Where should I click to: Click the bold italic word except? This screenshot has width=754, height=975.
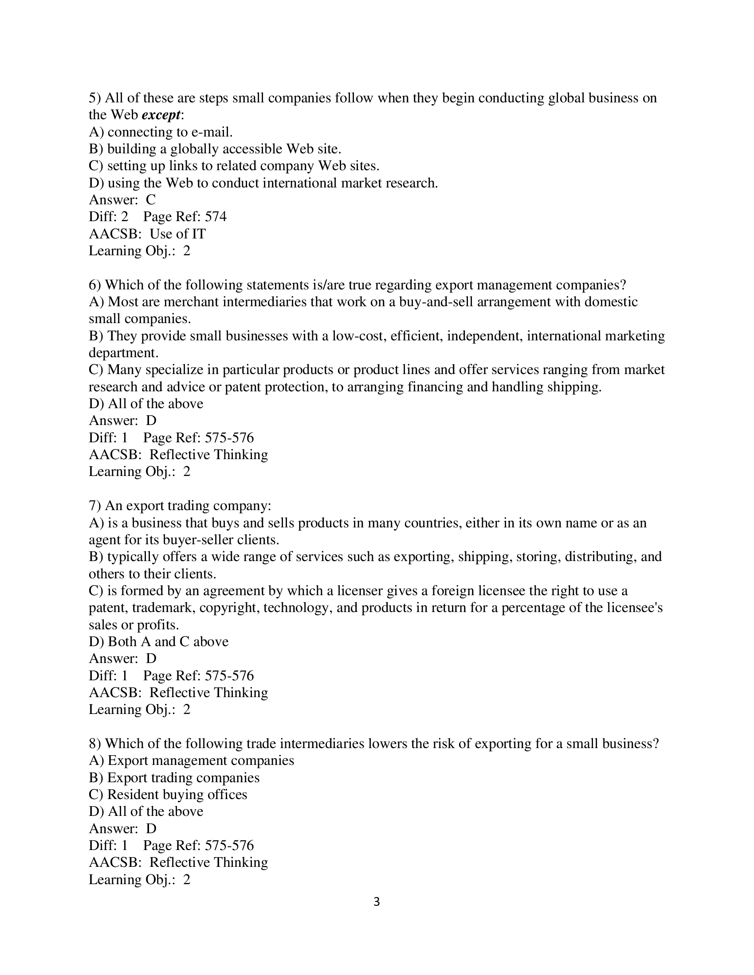[161, 115]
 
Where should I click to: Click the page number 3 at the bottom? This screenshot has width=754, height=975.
[377, 902]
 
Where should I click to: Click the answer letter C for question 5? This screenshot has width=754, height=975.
[150, 199]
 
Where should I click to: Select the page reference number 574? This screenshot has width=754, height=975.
[216, 217]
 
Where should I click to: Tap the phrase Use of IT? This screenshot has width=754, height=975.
[177, 234]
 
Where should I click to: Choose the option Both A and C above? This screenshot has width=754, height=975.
[159, 642]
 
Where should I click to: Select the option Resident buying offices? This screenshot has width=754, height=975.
[168, 794]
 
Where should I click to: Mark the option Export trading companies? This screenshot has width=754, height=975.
[174, 777]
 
